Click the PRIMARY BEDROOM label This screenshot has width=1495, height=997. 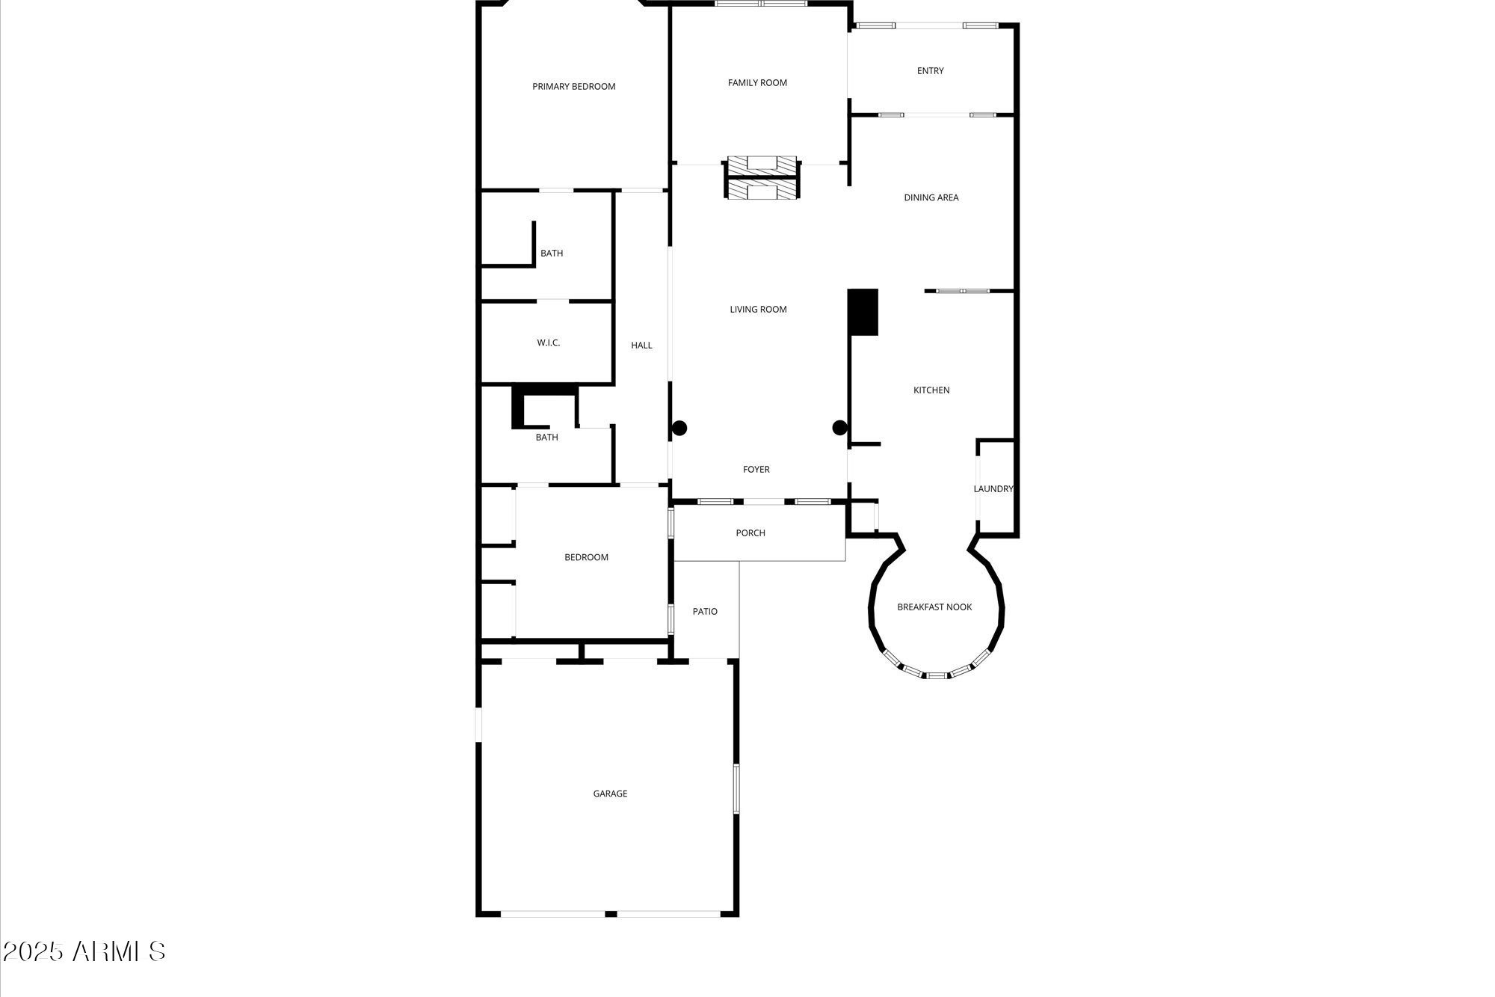(573, 87)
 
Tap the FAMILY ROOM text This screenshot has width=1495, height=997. (757, 83)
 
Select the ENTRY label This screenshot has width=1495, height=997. (930, 71)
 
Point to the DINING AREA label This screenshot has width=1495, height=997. (931, 197)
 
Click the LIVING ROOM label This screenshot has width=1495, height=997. (758, 310)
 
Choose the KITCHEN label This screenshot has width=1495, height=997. (931, 390)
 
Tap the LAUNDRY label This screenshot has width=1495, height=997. (993, 489)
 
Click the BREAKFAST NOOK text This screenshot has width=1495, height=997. (934, 607)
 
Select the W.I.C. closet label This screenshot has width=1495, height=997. (548, 343)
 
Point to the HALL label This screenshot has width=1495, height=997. (641, 346)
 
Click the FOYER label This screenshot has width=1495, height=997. (756, 470)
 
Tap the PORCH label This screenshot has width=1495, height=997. (750, 533)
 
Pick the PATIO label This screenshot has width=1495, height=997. (705, 612)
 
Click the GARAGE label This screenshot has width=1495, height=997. (610, 794)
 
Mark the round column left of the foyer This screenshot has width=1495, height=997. (679, 429)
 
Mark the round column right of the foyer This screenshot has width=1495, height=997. (840, 429)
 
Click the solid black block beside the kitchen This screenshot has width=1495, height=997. (863, 312)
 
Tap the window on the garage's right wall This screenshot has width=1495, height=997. (736, 788)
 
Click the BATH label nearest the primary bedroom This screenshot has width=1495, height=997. (552, 254)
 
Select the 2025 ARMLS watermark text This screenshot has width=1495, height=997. (84, 952)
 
